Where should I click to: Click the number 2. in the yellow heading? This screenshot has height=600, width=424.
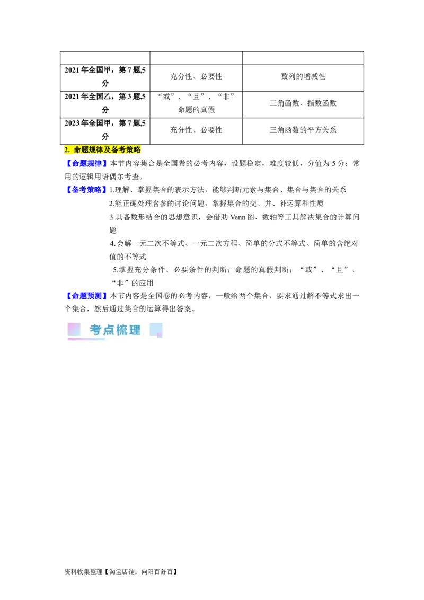click(x=67, y=151)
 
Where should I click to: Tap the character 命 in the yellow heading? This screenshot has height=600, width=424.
click(x=77, y=151)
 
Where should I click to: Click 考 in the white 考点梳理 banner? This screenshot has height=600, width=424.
click(x=95, y=330)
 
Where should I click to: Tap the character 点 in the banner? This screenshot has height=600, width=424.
click(x=109, y=330)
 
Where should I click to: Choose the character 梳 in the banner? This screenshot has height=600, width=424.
click(x=122, y=330)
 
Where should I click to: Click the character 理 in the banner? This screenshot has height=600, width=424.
click(x=135, y=330)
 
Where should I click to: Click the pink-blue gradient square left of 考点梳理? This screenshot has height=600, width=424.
click(x=74, y=329)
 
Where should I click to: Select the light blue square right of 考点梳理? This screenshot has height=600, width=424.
click(x=155, y=329)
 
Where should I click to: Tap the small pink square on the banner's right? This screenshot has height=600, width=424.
click(x=160, y=335)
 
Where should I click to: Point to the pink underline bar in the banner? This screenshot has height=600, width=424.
click(x=86, y=339)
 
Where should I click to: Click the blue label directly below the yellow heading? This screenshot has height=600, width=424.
click(x=86, y=163)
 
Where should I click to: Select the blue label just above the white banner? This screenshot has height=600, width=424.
click(x=86, y=295)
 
